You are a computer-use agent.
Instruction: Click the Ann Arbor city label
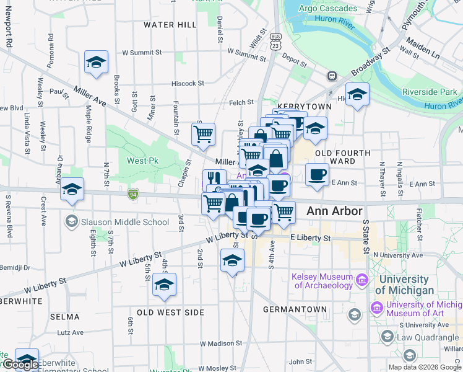(x=334, y=211)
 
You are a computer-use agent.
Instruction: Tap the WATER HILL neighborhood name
(x=170, y=25)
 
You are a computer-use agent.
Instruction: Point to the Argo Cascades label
(x=328, y=8)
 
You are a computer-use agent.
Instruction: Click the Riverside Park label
(x=429, y=92)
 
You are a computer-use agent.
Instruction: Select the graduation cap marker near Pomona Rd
(x=97, y=63)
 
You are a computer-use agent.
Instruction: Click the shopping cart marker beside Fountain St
(x=203, y=134)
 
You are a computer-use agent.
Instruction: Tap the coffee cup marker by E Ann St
(x=317, y=174)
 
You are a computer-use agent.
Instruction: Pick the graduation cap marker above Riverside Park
(x=357, y=95)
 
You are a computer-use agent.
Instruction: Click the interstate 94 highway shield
(x=133, y=195)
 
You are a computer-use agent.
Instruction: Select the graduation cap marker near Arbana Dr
(x=72, y=189)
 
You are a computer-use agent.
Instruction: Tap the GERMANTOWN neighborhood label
(x=295, y=309)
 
